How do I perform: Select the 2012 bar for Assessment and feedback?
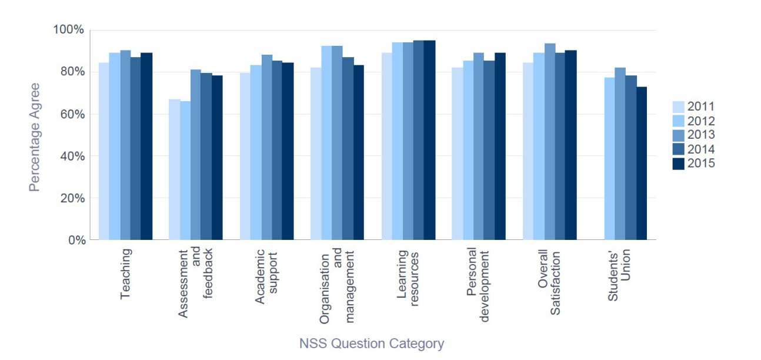185,171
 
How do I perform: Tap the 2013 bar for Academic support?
266,147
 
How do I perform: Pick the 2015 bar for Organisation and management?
359,152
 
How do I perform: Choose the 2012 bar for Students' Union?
609,159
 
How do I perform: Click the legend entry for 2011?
693,107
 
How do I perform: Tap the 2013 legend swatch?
679,135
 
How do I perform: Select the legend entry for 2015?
693,164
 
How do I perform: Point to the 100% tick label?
70,30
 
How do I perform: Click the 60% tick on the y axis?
72,114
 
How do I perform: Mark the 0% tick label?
76,240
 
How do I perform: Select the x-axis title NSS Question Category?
372,344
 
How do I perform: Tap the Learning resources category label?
408,274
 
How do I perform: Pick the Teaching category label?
125,274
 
